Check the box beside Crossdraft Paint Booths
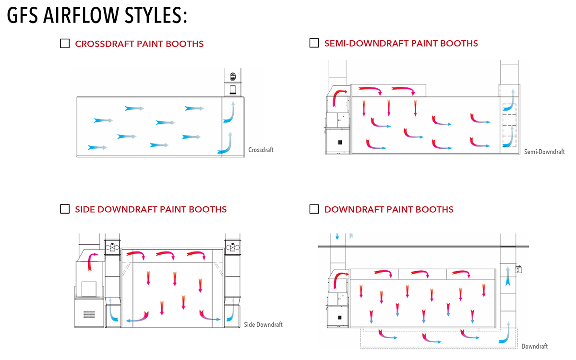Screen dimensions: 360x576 pyautogui.click(x=65, y=44)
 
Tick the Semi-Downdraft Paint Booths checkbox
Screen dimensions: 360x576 pyautogui.click(x=314, y=43)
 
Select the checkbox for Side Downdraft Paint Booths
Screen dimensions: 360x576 pyautogui.click(x=65, y=209)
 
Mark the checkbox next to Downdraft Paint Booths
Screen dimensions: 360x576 pyautogui.click(x=314, y=209)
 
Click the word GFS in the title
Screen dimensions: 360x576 pyautogui.click(x=23, y=16)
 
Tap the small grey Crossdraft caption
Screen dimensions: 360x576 pyautogui.click(x=261, y=150)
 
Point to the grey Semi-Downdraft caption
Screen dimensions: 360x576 pyautogui.click(x=544, y=152)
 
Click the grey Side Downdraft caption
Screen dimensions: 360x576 pyautogui.click(x=263, y=324)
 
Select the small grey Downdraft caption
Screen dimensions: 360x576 pyautogui.click(x=534, y=346)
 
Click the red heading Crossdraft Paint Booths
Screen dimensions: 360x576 pyautogui.click(x=139, y=44)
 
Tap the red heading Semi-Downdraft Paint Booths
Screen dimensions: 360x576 pyautogui.click(x=401, y=43)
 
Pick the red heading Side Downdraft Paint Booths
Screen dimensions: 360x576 pyautogui.click(x=151, y=209)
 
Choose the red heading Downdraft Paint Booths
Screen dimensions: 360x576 pyautogui.click(x=389, y=209)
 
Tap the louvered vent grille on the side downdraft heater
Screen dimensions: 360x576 pyautogui.click(x=89, y=315)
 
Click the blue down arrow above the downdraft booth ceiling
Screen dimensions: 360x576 pyautogui.click(x=337, y=236)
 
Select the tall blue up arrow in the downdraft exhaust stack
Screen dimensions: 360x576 pyautogui.click(x=507, y=277)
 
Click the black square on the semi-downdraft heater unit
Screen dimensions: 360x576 pyautogui.click(x=340, y=142)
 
